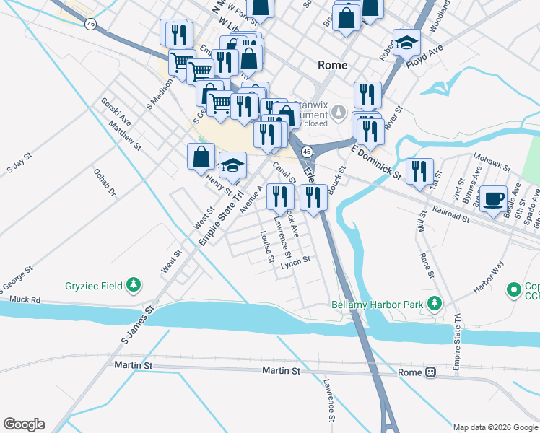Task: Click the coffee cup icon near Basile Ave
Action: pyautogui.click(x=493, y=198)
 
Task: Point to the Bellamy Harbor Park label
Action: pyautogui.click(x=377, y=305)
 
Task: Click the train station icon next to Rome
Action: pyautogui.click(x=430, y=372)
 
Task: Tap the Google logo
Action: pyautogui.click(x=24, y=424)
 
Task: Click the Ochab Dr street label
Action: pyautogui.click(x=104, y=182)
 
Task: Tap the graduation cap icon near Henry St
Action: pyautogui.click(x=232, y=167)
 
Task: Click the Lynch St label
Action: pyautogui.click(x=295, y=265)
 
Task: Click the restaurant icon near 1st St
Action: pyautogui.click(x=419, y=172)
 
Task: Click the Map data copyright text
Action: pyautogui.click(x=494, y=427)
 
